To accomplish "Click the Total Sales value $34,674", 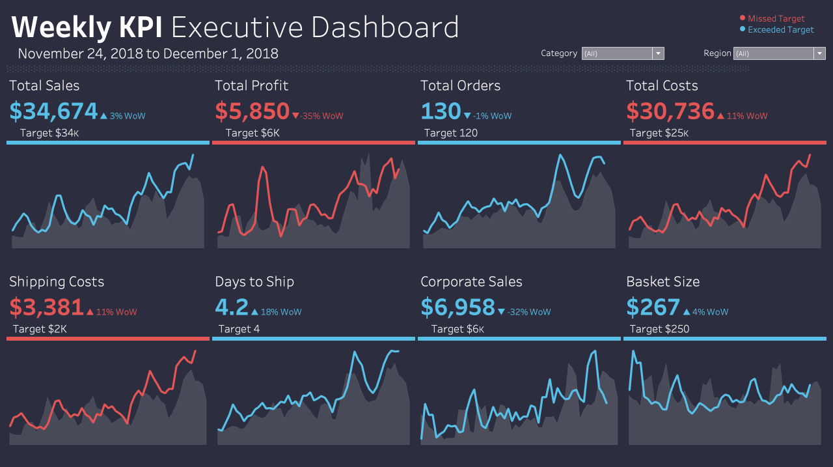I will pyautogui.click(x=53, y=112).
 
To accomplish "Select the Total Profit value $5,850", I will pyautogui.click(x=252, y=112).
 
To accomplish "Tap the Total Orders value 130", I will pyautogui.click(x=441, y=112).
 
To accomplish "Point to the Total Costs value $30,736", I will pyautogui.click(x=670, y=112).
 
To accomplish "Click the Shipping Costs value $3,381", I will pyautogui.click(x=46, y=307).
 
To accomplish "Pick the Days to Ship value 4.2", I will pyautogui.click(x=232, y=307).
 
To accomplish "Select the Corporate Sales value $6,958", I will pyautogui.click(x=457, y=307).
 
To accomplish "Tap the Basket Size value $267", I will pyautogui.click(x=653, y=307).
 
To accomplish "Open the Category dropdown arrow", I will pyautogui.click(x=658, y=53).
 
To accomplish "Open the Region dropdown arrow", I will pyautogui.click(x=819, y=53).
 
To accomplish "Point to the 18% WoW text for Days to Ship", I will pyautogui.click(x=281, y=312).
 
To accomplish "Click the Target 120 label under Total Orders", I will pyautogui.click(x=450, y=133).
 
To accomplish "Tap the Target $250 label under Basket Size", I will pyautogui.click(x=659, y=329).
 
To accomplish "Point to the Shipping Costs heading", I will pyautogui.click(x=57, y=282).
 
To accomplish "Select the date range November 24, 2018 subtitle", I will pyautogui.click(x=148, y=53).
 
